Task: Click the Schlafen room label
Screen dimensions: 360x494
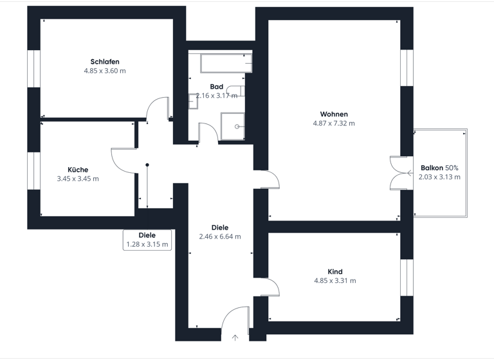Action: coord(105,62)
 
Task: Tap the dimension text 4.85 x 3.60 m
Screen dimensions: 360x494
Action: coord(105,71)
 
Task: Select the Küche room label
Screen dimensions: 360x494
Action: coord(78,170)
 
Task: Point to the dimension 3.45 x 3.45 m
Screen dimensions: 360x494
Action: coord(78,179)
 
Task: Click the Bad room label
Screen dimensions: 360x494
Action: coord(216,86)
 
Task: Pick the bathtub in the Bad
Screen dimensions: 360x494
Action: coord(226,64)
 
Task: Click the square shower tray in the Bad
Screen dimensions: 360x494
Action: coord(233,125)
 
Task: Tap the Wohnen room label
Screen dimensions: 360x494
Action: coord(334,114)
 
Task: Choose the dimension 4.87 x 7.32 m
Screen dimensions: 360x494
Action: coord(334,123)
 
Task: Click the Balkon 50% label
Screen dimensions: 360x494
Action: coord(439,167)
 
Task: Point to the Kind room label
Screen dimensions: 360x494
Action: coord(334,271)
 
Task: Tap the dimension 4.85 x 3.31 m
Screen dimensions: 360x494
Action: coord(334,280)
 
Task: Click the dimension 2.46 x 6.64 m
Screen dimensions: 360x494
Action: coord(220,237)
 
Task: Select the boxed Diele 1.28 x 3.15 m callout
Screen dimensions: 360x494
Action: coord(147,240)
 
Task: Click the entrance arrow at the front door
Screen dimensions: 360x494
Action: coord(235,337)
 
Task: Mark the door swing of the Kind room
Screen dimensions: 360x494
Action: coord(270,286)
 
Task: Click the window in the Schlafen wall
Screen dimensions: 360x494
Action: coord(33,69)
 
